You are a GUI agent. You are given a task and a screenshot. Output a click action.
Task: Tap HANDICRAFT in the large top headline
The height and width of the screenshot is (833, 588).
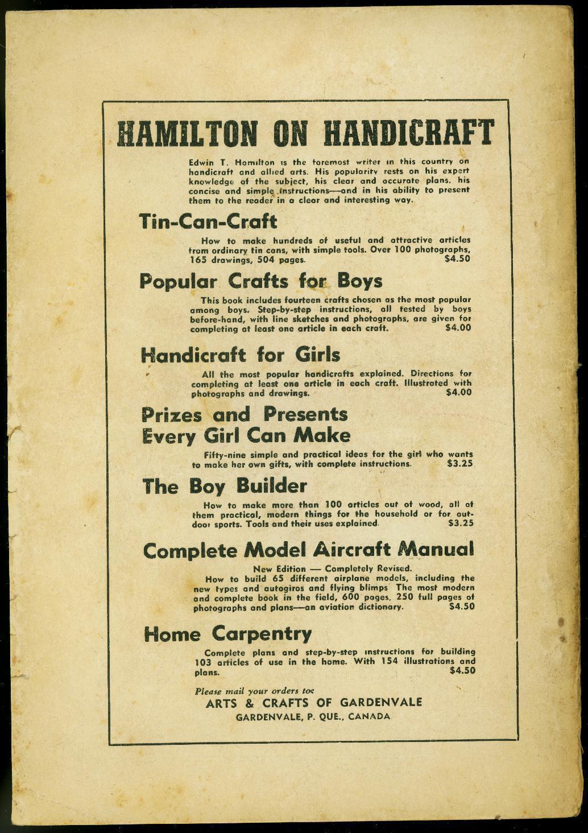(408, 134)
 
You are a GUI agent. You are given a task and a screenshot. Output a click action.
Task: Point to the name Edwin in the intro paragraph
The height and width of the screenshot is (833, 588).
(201, 162)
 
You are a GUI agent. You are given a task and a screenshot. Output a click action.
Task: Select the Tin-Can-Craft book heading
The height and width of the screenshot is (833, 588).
(208, 222)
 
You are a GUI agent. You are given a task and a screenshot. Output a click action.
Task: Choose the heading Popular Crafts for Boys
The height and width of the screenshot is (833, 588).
(261, 281)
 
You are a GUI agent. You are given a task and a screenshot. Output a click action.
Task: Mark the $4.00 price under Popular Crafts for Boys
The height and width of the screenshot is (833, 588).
(458, 328)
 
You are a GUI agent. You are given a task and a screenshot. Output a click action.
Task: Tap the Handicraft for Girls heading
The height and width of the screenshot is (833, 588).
(241, 355)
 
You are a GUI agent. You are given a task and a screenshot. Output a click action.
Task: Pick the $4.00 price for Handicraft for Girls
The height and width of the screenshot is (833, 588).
(458, 392)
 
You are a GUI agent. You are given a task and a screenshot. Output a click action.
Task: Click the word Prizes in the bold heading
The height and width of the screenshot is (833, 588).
(172, 414)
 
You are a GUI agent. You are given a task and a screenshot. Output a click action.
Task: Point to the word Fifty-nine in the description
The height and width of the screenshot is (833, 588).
(224, 455)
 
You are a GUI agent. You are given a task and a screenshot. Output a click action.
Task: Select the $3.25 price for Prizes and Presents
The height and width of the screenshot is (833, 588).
(460, 464)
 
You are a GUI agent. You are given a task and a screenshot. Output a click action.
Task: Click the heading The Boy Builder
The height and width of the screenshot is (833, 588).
(225, 486)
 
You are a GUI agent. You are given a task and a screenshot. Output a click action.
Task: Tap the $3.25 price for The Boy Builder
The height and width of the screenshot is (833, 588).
(461, 523)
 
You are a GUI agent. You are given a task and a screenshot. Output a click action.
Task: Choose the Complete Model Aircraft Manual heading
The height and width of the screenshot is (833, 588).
(308, 550)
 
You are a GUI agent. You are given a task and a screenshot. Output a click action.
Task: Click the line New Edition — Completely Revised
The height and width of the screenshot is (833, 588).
(332, 568)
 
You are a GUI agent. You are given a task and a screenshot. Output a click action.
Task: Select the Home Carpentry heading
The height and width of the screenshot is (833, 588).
(227, 634)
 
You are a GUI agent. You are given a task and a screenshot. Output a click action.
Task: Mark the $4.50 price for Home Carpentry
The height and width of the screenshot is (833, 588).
(462, 671)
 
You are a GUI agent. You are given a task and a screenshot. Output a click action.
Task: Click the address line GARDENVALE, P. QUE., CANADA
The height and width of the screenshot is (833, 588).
(313, 716)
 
